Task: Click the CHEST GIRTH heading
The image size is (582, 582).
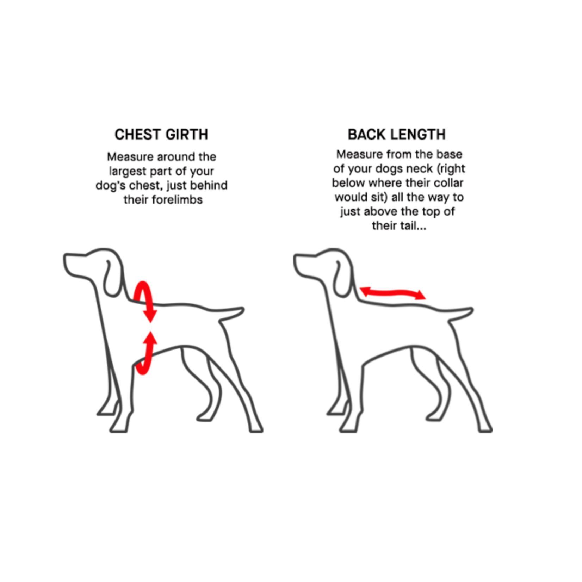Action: tap(161, 135)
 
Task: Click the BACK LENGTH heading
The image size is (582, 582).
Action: tap(397, 135)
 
